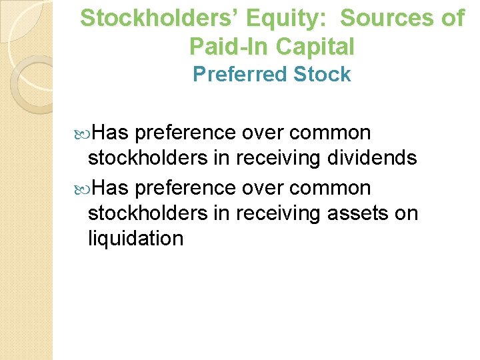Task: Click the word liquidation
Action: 135,238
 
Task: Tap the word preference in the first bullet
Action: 185,133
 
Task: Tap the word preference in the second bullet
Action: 185,188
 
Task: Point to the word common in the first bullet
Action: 330,133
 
